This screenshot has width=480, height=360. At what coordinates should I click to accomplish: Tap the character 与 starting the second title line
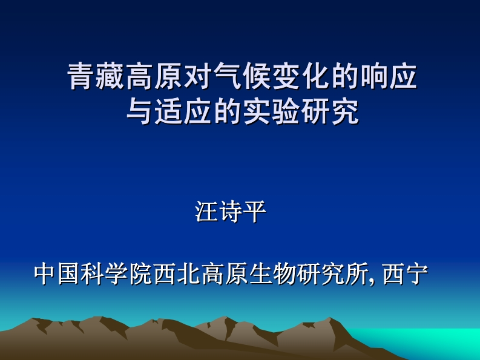pos(139,112)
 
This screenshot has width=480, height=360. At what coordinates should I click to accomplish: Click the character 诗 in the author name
pos(231,212)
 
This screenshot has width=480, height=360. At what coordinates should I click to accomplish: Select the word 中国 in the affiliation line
pos(57,274)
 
